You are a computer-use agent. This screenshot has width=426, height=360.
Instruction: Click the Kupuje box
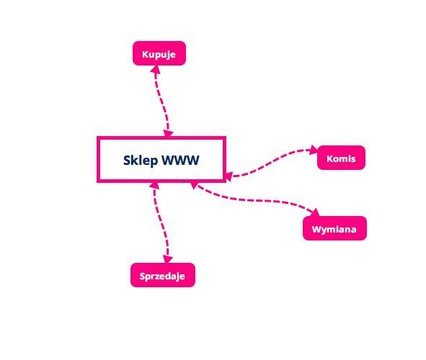tap(159, 53)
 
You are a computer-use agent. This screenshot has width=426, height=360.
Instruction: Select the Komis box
tap(341, 158)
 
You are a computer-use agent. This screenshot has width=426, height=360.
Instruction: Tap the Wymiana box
tap(334, 228)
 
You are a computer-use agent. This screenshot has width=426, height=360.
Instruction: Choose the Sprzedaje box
tap(163, 275)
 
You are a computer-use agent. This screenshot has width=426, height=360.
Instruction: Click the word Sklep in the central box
tap(141, 161)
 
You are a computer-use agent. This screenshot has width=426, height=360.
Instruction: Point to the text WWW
tap(180, 160)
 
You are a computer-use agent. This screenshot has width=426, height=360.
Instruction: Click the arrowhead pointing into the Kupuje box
tap(156, 69)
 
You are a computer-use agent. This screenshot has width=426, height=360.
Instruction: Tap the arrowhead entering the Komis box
tap(314, 150)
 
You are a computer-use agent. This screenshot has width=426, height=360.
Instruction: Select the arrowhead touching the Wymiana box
tap(316, 212)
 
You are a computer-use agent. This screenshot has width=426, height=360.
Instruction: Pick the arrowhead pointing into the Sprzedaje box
tap(168, 259)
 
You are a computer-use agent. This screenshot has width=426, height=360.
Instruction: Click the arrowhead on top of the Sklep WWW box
tap(168, 133)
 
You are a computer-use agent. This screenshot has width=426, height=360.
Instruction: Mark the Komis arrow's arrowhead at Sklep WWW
tap(228, 176)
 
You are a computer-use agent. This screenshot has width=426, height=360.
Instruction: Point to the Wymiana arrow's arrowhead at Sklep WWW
tap(195, 185)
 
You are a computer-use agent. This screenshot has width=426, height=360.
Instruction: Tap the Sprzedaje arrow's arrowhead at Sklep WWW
tap(154, 186)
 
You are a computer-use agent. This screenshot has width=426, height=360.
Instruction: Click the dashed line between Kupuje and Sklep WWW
tap(161, 101)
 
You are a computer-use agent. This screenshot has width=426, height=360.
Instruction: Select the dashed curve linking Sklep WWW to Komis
tap(272, 162)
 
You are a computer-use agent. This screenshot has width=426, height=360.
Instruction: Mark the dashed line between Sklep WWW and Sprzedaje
tap(160, 222)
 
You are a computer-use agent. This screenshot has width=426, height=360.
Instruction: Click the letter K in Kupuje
tap(146, 54)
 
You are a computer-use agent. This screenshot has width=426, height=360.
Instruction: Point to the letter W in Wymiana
tap(316, 230)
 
